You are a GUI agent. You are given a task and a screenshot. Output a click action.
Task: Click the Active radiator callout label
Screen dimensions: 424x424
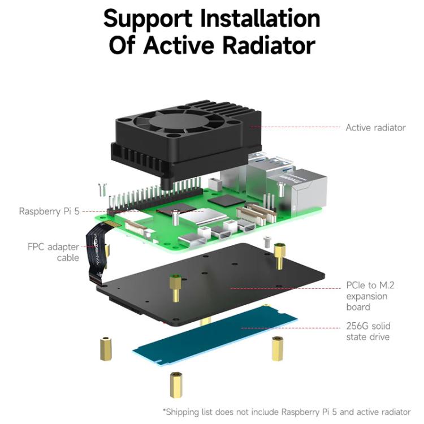point(375,128)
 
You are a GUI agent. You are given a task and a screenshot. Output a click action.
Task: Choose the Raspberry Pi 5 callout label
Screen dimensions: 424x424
point(49,211)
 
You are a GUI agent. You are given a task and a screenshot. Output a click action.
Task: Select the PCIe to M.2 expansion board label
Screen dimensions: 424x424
point(370,296)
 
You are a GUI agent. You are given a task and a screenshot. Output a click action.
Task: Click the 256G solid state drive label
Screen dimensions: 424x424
point(367,331)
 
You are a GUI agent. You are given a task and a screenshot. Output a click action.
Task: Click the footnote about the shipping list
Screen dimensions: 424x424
point(287,412)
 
